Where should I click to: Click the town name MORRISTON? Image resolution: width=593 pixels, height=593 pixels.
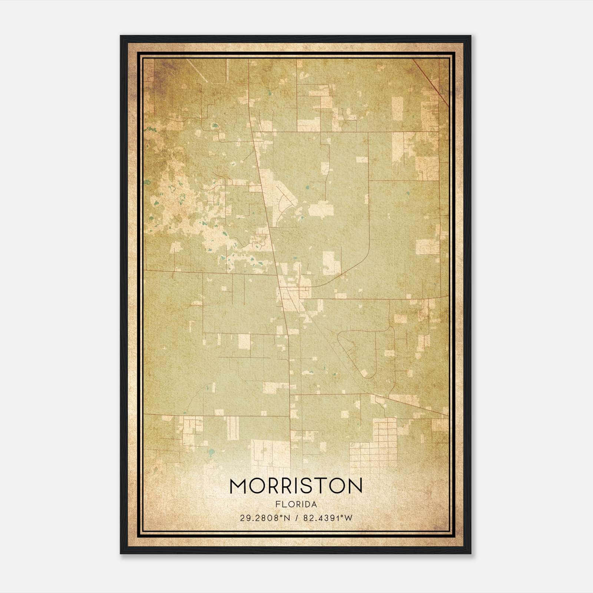click(296, 486)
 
